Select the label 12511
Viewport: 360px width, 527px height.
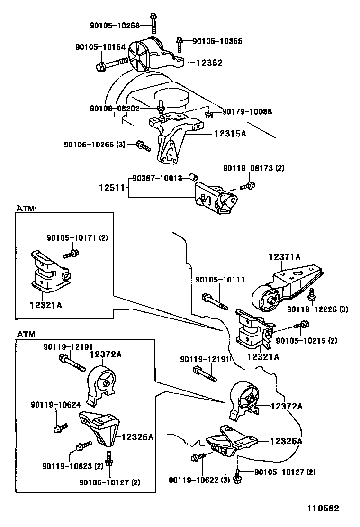[111, 188]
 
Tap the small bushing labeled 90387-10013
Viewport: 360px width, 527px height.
[193, 177]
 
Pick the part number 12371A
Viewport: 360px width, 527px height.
[284, 257]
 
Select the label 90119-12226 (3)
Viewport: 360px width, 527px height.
[317, 309]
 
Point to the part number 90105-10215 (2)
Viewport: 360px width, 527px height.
[306, 340]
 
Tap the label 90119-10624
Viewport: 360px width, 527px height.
[56, 405]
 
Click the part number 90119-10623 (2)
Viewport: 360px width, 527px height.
[72, 466]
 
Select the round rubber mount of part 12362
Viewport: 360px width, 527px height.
[141, 57]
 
